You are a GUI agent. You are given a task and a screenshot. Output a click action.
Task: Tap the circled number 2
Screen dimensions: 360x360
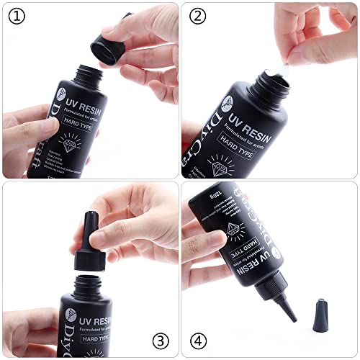[197, 16]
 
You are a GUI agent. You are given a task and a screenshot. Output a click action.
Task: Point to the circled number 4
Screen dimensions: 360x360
[198, 338]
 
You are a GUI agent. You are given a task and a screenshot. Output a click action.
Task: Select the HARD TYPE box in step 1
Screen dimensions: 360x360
[89, 125]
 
